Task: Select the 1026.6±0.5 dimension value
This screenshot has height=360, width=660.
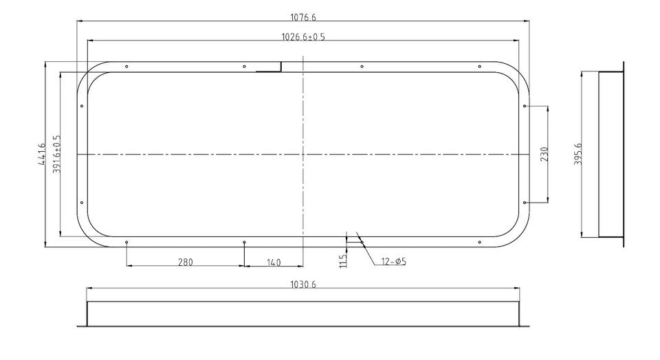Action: (303, 37)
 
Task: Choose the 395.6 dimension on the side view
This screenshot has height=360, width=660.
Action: (577, 155)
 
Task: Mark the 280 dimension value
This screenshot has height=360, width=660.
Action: (186, 262)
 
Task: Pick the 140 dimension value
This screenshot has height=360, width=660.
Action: (274, 262)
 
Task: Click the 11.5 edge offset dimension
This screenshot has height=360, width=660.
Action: (343, 260)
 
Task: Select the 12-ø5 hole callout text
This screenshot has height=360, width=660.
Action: (393, 262)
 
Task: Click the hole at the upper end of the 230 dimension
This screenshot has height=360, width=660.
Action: (525, 106)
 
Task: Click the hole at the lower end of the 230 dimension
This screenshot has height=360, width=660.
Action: (525, 203)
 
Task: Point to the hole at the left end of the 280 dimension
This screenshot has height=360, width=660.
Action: (127, 242)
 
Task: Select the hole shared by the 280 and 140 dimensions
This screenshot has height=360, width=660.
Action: (245, 242)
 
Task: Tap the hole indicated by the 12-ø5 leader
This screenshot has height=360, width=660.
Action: (362, 242)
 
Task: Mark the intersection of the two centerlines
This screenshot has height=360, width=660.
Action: (302, 155)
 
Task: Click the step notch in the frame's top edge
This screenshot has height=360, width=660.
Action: (281, 67)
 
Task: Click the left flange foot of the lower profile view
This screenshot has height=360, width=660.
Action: (82, 326)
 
